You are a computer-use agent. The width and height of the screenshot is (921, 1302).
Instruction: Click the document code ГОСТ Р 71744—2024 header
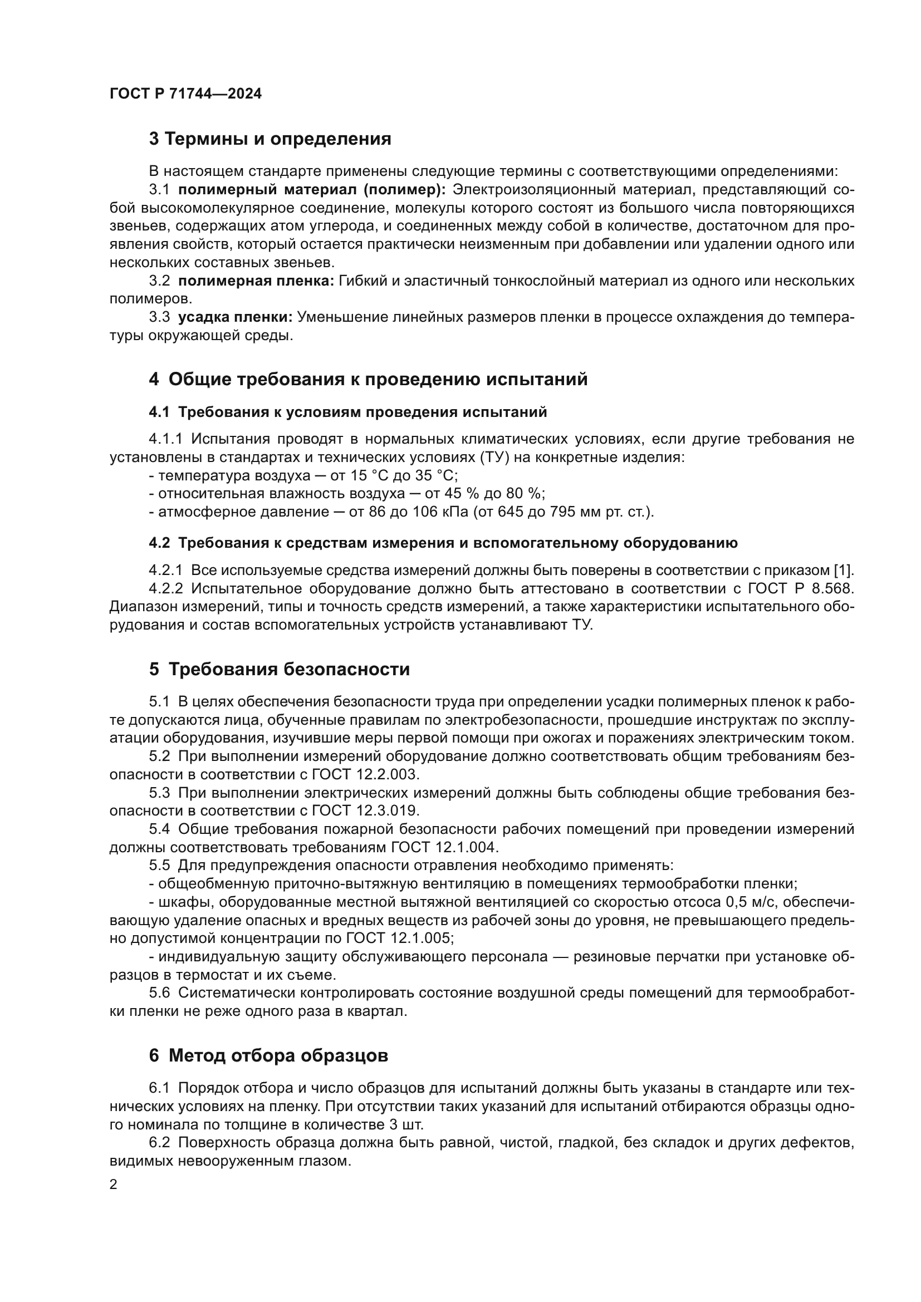(185, 94)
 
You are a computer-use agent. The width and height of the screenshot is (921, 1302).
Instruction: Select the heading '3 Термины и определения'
(270, 139)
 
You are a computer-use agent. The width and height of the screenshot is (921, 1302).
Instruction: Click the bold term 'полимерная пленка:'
(256, 281)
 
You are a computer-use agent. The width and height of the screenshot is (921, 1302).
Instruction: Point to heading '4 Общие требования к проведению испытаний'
(368, 380)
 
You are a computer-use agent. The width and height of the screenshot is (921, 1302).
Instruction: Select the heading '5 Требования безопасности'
(279, 670)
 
